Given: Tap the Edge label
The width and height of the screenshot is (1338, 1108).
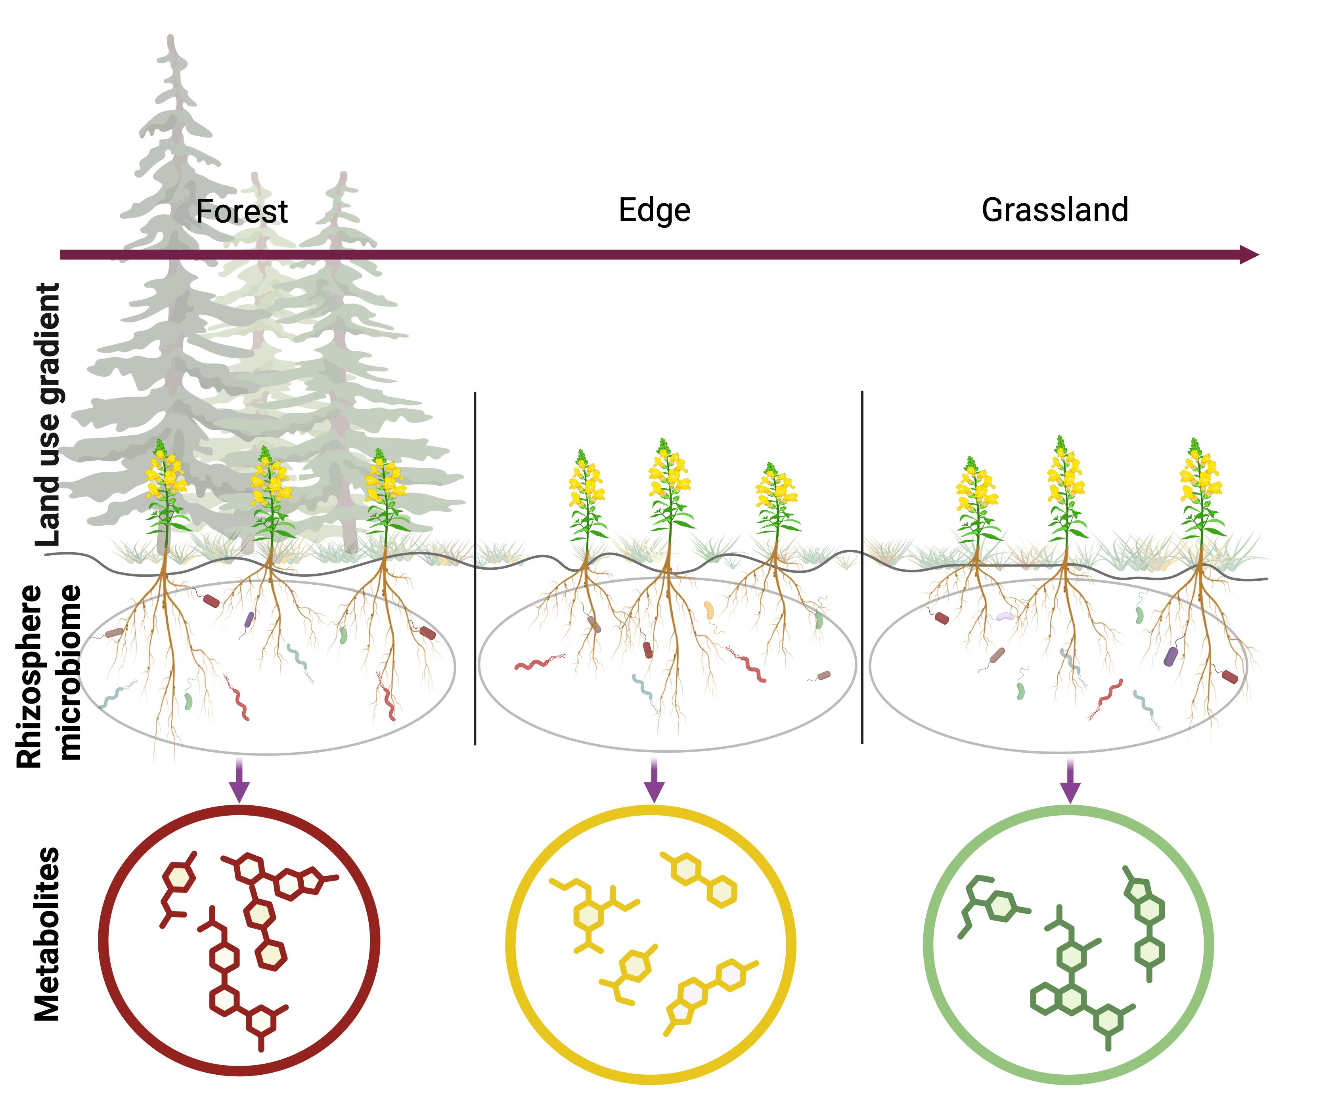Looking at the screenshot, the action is click(x=655, y=210).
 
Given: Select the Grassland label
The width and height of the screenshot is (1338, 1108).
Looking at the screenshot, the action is click(x=1055, y=210).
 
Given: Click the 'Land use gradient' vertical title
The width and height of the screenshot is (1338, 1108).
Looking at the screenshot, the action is click(x=50, y=414).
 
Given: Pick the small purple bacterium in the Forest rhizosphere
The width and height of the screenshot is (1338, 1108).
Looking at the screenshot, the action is click(x=249, y=618).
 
